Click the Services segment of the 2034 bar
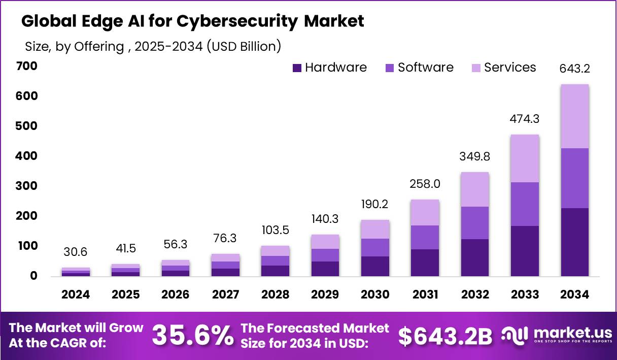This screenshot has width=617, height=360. pos(575,116)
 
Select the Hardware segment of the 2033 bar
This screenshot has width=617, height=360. pos(525,251)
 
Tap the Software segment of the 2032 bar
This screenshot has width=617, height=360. pos(475,223)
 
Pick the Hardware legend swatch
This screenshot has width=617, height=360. pos(298,68)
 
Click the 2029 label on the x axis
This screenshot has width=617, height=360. pos(325,295)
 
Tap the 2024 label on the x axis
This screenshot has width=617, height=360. pos(76,295)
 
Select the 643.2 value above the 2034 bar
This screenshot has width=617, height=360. pos(575,69)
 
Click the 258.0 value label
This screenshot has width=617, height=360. pos(425,184)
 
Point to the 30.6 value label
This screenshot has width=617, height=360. pos(76,252)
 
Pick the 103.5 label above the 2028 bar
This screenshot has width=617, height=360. pos(276,230)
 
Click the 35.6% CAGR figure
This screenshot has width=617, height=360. pos(193,335)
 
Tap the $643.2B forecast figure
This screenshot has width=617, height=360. pos(445,335)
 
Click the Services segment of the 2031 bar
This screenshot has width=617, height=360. pos(425,213)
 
